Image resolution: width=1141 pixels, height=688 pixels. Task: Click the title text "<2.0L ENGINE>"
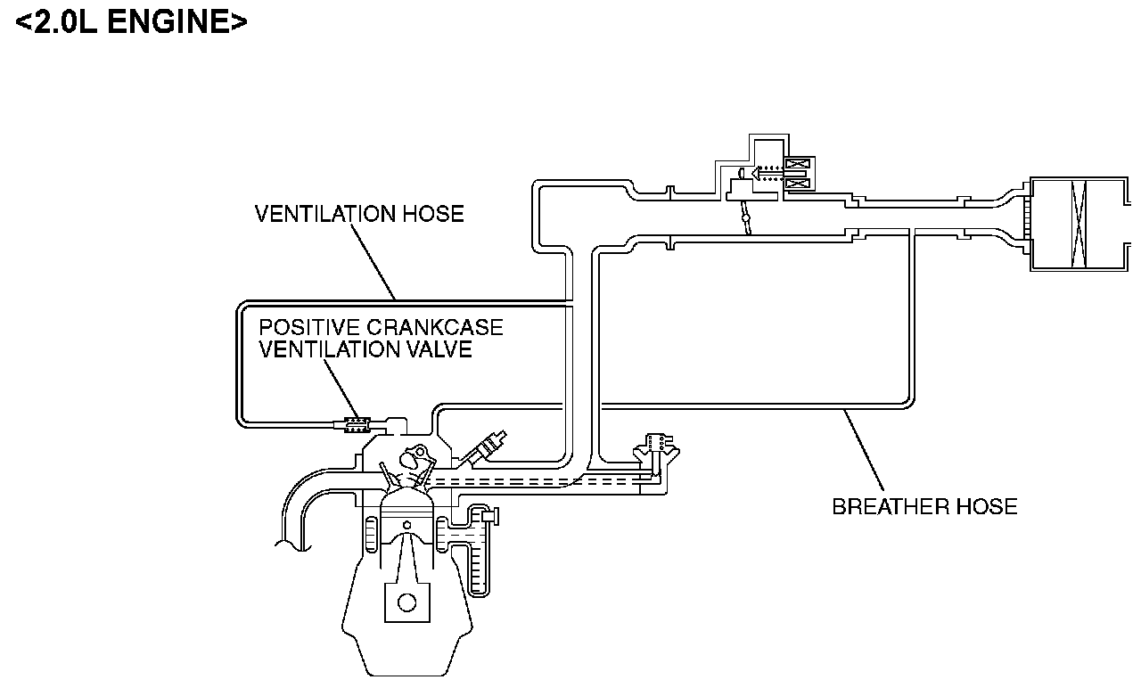(x=131, y=21)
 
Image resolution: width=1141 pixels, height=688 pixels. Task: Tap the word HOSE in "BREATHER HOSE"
(x=985, y=507)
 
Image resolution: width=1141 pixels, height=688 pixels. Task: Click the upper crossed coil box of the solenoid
(x=795, y=165)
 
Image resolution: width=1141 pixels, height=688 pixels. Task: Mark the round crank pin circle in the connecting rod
(x=406, y=602)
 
